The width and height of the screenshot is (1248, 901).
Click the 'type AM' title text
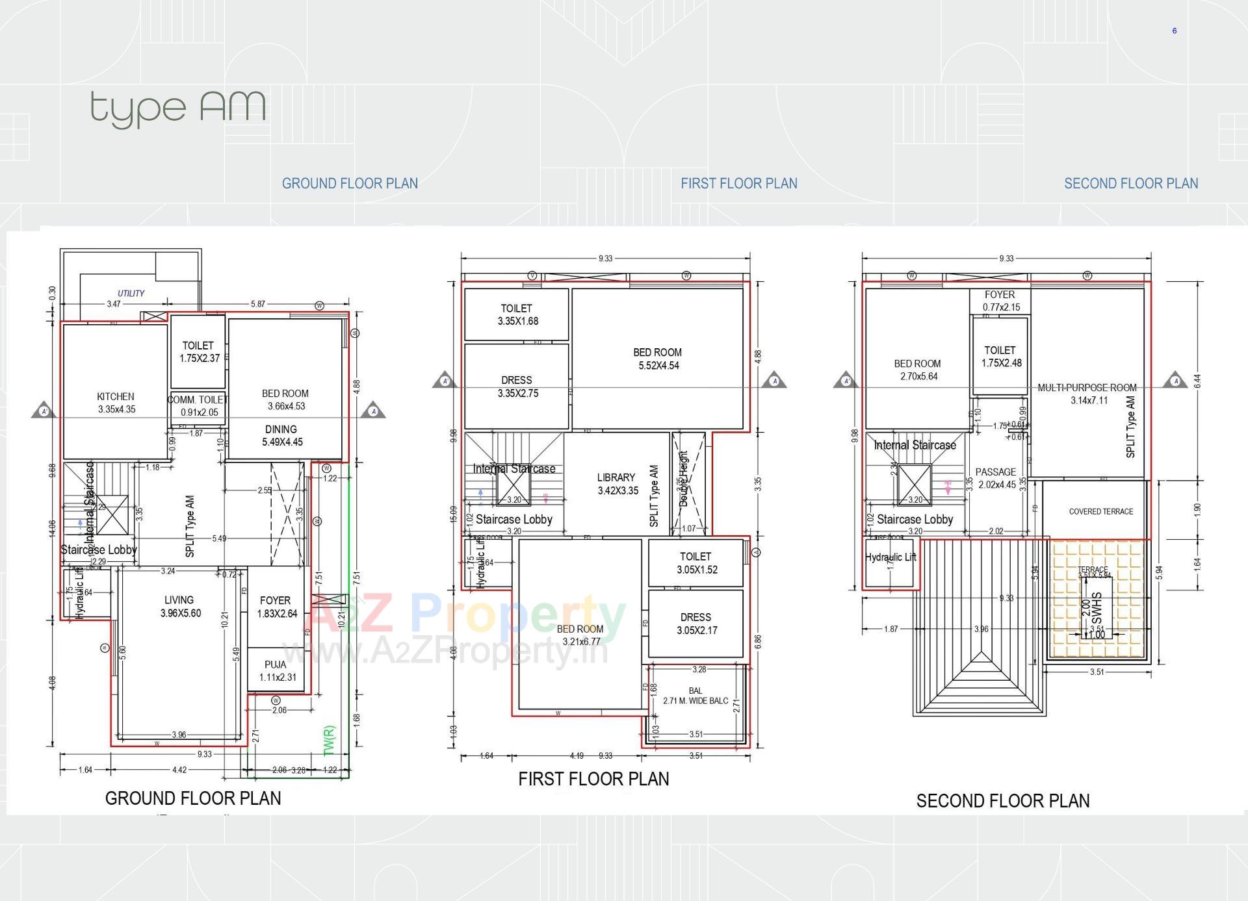pos(177,108)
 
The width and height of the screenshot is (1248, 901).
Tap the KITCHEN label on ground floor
pos(116,402)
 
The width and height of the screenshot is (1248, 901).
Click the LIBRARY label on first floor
pos(617,483)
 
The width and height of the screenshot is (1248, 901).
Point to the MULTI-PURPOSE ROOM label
pos(1087,393)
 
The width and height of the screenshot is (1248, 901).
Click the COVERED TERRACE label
pos(1100,511)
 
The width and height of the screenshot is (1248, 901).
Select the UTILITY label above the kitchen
pos(131,294)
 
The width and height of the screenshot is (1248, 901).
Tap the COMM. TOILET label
pos(198,405)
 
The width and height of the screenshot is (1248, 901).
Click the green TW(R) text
pos(329,741)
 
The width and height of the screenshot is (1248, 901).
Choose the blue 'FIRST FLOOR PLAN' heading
pos(738,184)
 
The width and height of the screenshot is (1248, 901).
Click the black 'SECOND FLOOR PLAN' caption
pos(1002,801)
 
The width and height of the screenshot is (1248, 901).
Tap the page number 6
pos(1174,31)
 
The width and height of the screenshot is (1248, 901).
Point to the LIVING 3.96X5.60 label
pos(179,606)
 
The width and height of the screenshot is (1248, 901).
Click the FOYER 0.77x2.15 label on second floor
pos(1000,301)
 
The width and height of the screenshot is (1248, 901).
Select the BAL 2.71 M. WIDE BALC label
pos(695,696)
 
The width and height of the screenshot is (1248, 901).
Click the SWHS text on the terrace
pos(1097,607)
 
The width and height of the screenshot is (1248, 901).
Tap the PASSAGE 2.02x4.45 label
pos(996,478)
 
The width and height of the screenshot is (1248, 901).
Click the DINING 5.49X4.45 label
pos(282,435)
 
